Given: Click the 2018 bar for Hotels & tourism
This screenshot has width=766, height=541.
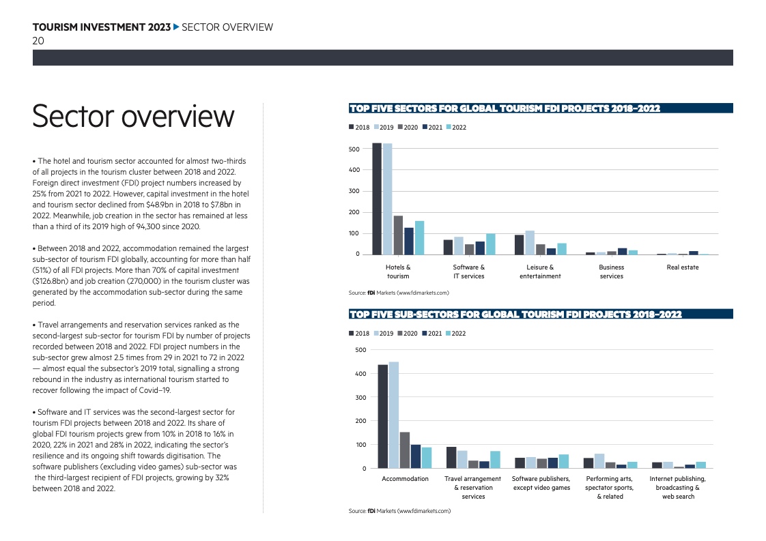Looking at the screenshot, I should [377, 199].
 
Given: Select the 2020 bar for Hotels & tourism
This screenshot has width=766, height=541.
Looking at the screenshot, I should [398, 235].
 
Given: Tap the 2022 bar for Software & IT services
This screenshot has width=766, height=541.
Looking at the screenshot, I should [490, 244].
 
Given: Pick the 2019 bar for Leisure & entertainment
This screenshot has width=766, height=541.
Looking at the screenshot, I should [530, 242].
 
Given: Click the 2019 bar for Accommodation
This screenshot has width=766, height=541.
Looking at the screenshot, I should [393, 415].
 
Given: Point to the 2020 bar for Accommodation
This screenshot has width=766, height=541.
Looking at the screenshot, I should [404, 450].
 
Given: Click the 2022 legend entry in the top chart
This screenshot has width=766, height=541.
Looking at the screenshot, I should [456, 128].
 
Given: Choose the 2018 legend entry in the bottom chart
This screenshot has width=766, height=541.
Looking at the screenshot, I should [359, 334].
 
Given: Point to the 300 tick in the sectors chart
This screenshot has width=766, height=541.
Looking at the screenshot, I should [354, 191].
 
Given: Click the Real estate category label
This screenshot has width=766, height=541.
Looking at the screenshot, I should [683, 267].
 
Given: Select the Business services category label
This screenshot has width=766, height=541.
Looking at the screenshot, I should [611, 272].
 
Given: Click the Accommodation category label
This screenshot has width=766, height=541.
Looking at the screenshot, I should [405, 479].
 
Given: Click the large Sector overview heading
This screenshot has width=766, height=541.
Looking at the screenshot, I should [133, 117].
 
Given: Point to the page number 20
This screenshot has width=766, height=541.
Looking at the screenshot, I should [39, 41].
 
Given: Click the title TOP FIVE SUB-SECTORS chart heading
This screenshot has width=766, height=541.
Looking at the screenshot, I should [515, 315].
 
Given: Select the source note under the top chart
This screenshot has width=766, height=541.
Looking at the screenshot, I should [399, 293].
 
